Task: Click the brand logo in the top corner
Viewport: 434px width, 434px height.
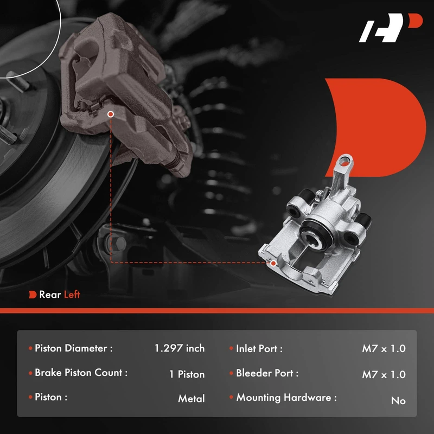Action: (x=391, y=28)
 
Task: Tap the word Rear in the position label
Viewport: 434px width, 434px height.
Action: (x=50, y=295)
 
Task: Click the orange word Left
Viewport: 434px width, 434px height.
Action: (x=72, y=295)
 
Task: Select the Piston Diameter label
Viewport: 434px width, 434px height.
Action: (x=74, y=348)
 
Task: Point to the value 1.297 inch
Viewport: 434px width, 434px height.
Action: (x=180, y=348)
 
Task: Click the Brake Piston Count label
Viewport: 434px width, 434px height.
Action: (x=81, y=373)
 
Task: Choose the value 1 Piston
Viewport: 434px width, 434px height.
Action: (x=187, y=374)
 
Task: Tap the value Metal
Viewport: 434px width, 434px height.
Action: (x=192, y=399)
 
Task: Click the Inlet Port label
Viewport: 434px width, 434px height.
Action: (x=259, y=349)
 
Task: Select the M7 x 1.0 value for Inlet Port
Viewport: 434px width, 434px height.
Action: (x=384, y=348)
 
